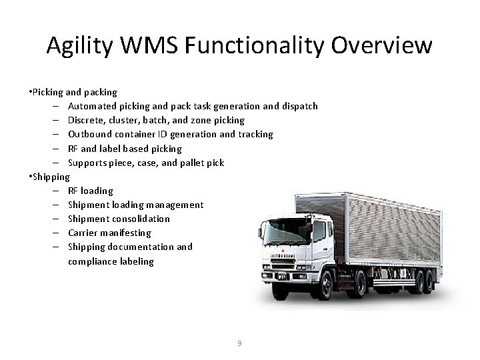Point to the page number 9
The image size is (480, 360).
point(240,343)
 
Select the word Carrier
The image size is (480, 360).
point(84,233)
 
